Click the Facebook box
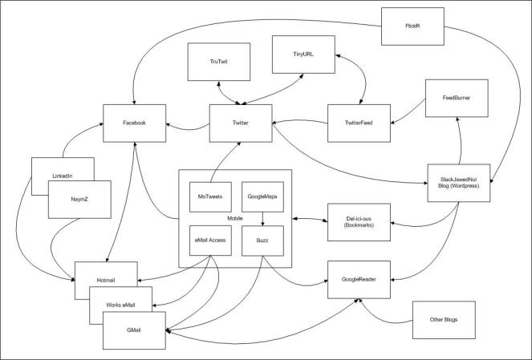tap(134, 123)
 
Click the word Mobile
tap(236, 217)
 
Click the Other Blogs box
tap(441, 320)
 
